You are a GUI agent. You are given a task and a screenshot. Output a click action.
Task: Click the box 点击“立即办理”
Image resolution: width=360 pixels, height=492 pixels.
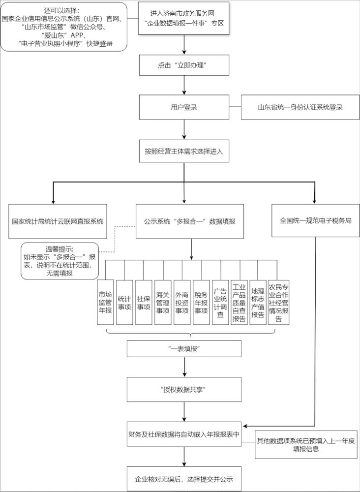184,65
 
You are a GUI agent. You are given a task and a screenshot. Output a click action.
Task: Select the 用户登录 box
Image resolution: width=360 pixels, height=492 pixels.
184,107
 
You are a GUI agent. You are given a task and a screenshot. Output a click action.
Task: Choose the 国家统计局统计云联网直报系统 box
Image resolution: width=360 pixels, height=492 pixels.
58,221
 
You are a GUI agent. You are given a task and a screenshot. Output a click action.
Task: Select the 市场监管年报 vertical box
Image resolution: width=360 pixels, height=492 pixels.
105,302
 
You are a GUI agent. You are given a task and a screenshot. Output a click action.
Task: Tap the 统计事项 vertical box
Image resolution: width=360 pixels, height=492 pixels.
124,302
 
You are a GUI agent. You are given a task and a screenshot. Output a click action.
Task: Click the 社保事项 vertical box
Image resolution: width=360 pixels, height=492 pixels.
143,302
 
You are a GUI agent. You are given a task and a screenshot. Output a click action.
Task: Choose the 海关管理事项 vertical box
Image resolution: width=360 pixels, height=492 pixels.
163,302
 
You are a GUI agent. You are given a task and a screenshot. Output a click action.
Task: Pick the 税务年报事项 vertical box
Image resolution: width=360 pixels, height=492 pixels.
201,302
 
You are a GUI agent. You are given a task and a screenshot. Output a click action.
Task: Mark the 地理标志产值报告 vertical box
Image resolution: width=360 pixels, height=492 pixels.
258,302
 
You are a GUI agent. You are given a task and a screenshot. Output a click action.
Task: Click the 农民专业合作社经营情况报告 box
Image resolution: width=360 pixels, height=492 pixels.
278,302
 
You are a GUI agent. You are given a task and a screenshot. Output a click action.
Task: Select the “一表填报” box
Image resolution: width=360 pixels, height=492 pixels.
184,349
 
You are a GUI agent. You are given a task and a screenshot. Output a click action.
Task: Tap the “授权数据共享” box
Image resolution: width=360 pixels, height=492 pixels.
184,390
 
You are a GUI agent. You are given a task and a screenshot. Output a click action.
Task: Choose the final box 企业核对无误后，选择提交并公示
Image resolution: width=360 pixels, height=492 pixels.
184,478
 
